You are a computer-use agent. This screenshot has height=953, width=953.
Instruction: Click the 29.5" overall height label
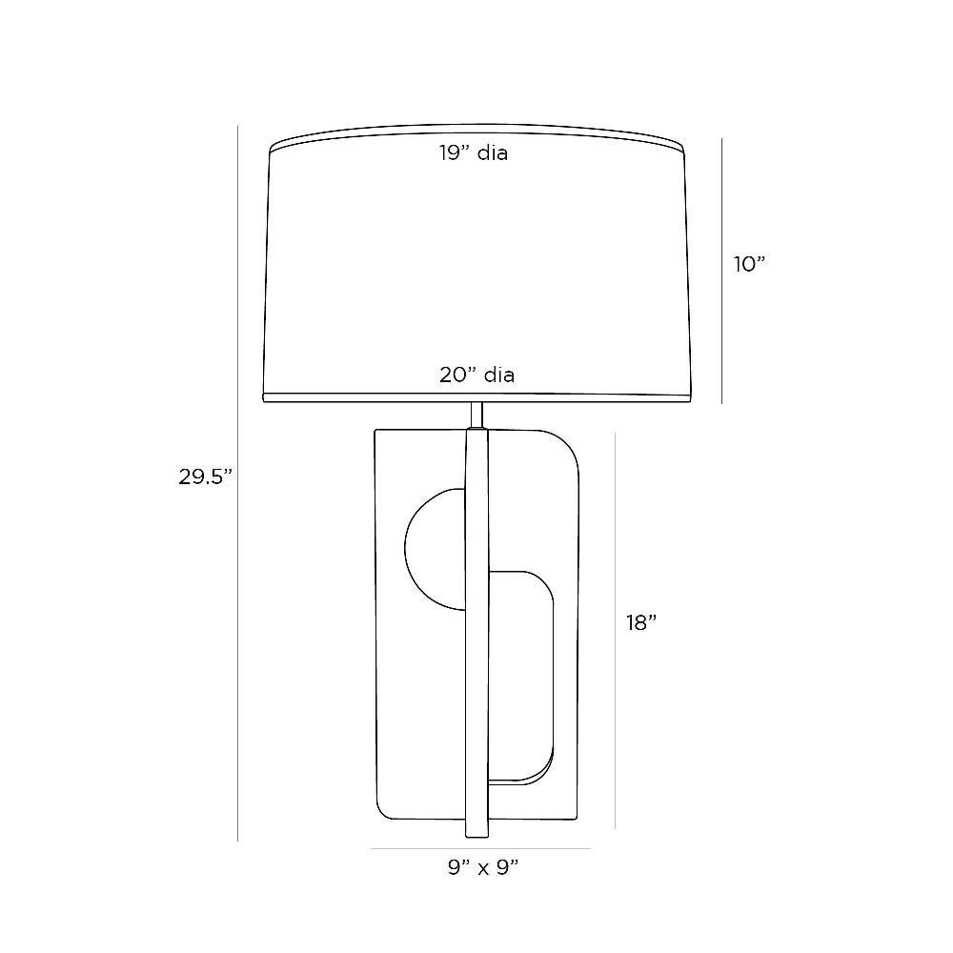(x=206, y=477)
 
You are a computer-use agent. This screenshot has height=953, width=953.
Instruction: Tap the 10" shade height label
(x=749, y=264)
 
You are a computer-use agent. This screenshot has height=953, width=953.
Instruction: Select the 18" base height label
(x=641, y=622)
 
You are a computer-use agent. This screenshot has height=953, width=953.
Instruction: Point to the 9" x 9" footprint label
(x=482, y=867)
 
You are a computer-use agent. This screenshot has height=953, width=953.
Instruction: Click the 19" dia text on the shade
(x=474, y=152)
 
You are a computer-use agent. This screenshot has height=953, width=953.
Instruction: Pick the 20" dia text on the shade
(x=477, y=375)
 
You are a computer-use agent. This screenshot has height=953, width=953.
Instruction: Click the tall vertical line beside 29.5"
(x=237, y=484)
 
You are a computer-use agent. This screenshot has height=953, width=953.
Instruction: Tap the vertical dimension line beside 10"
(x=722, y=271)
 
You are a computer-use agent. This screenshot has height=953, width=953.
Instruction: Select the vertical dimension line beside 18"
(x=616, y=630)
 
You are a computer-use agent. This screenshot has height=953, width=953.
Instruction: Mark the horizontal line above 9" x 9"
(x=480, y=848)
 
